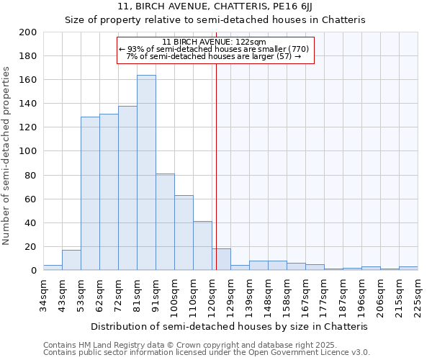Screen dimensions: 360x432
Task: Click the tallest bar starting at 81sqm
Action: point(146,173)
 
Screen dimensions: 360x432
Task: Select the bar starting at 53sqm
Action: point(90,193)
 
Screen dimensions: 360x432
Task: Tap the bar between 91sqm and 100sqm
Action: point(165,222)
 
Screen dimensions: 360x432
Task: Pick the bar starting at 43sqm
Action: point(71,260)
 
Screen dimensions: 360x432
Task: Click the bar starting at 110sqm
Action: point(202,246)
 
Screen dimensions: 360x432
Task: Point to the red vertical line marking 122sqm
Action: point(216,180)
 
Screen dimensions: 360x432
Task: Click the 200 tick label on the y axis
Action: point(27,32)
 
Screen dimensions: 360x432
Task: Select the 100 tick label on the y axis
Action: point(27,151)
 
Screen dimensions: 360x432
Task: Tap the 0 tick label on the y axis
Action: point(33,271)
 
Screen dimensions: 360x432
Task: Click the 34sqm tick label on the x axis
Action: point(43,294)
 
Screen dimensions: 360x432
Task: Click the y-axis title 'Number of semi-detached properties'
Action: point(6,156)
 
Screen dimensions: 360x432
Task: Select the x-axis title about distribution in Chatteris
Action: point(230,326)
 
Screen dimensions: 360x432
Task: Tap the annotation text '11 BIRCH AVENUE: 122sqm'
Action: point(215,42)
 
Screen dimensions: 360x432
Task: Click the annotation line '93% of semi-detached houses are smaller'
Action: point(215,49)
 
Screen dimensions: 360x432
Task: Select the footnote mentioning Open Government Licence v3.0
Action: point(207,352)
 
